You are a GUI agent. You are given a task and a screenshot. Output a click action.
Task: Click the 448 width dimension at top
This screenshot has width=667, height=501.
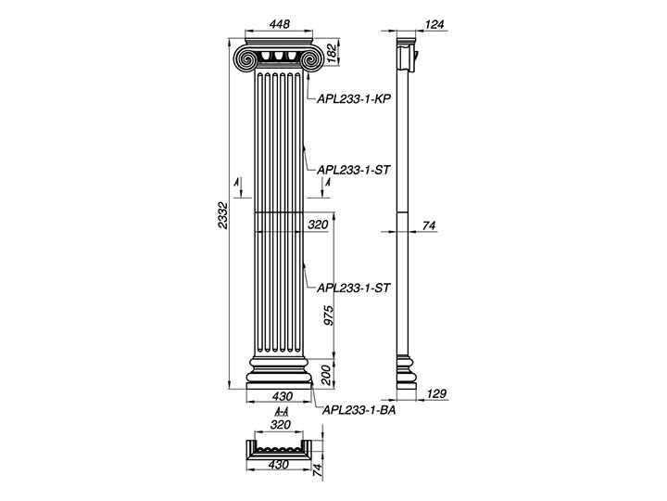point(280,24)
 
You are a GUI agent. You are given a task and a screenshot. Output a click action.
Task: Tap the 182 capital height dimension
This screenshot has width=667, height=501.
point(332,52)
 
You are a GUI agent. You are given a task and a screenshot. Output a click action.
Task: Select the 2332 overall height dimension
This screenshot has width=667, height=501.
point(223,214)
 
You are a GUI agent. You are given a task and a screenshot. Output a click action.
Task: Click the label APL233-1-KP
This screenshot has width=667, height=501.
point(354,99)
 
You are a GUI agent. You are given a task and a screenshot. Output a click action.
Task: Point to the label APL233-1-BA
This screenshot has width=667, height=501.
point(359,410)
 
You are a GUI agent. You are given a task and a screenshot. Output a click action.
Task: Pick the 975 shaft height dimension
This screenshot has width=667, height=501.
point(328,315)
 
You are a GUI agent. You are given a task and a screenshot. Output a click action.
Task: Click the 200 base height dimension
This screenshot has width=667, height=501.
point(327,375)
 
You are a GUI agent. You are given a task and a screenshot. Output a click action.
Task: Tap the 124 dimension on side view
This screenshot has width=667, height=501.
point(434,24)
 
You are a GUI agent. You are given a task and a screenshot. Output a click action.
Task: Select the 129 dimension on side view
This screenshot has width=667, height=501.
point(436,393)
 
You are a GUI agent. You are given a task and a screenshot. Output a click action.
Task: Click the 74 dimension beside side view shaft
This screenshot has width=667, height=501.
point(429,225)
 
